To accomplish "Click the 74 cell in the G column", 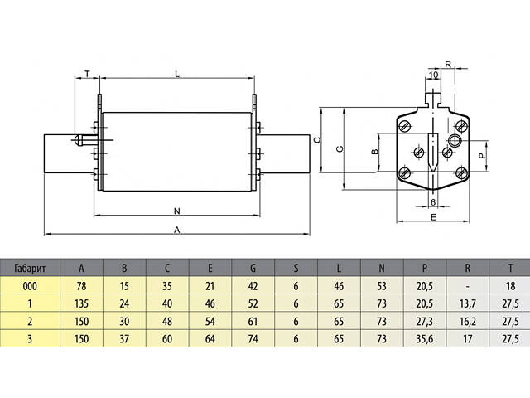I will click(x=252, y=338).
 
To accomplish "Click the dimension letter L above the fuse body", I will click(x=177, y=75).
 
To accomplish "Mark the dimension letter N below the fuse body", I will click(x=176, y=210).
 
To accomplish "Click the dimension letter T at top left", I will click(x=88, y=75).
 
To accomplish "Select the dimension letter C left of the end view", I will click(x=317, y=140).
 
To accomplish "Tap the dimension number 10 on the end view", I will click(x=433, y=75).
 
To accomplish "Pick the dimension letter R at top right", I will click(x=448, y=64).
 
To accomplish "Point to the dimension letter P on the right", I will click(x=483, y=154).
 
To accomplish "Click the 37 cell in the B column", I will click(x=123, y=338).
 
